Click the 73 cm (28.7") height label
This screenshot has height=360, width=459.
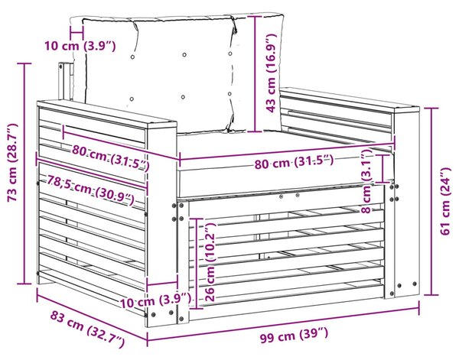click(12, 163)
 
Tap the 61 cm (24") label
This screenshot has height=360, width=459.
click(445, 201)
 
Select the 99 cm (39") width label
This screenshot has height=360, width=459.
click(294, 335)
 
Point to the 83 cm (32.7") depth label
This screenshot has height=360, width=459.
click(87, 329)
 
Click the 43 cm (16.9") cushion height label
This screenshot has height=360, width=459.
click(271, 73)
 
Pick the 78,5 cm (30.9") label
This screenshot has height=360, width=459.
click(91, 190)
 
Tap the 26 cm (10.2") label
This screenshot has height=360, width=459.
click(210, 262)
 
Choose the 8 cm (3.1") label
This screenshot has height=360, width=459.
click(366, 180)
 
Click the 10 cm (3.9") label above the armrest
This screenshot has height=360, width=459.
click(80, 46)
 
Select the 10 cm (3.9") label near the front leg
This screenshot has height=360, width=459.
click(155, 301)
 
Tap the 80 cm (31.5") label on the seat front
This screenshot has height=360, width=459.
click(294, 162)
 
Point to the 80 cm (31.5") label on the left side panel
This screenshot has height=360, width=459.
click(110, 158)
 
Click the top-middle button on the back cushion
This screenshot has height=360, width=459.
click(184, 55)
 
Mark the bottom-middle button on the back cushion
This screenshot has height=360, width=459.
click(183, 97)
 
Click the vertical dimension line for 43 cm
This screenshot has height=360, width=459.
click(256, 73)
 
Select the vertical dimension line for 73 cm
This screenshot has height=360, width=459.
click(24, 174)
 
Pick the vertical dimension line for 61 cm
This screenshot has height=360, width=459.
click(431, 202)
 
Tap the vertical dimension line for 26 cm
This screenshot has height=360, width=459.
click(196, 263)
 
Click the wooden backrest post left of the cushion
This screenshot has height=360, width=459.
click(66, 81)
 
